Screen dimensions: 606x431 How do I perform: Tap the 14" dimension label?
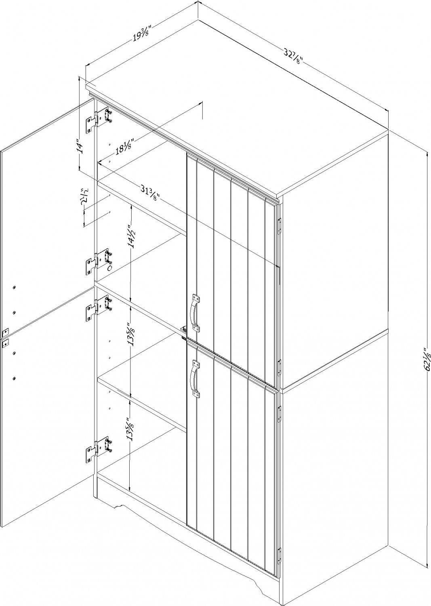[81, 146]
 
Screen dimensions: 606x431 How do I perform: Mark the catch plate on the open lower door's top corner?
[5, 342]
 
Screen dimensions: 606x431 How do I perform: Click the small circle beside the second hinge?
[109, 268]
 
